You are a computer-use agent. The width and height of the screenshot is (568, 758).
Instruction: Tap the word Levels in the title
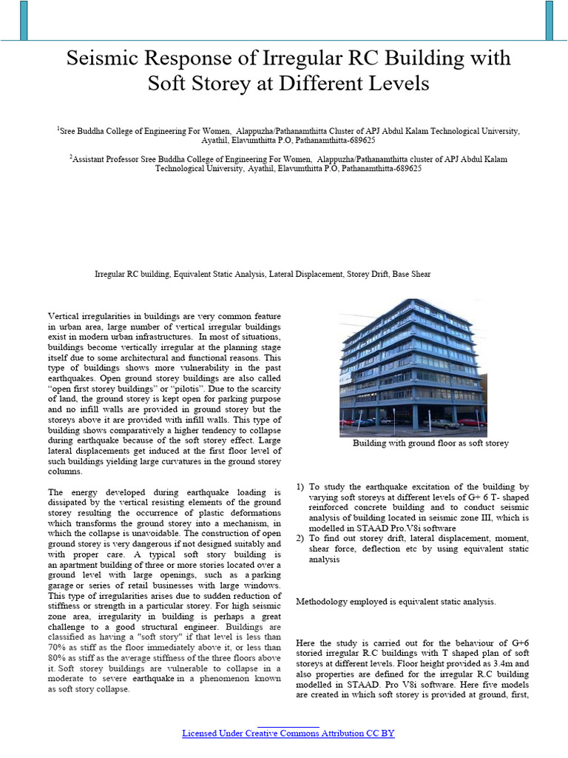click(x=396, y=84)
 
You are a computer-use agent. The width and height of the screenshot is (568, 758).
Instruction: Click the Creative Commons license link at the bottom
click(x=288, y=734)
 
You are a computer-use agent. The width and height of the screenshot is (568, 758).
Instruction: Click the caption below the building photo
click(x=430, y=443)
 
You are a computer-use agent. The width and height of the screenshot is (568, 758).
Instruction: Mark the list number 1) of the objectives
click(x=300, y=487)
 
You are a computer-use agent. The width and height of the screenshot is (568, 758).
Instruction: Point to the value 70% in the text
click(x=57, y=647)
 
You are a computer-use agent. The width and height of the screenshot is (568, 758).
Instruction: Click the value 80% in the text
click(x=57, y=657)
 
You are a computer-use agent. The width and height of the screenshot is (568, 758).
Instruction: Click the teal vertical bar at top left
click(x=24, y=20)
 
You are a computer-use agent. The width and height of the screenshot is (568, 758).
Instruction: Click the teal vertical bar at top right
click(x=548, y=20)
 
